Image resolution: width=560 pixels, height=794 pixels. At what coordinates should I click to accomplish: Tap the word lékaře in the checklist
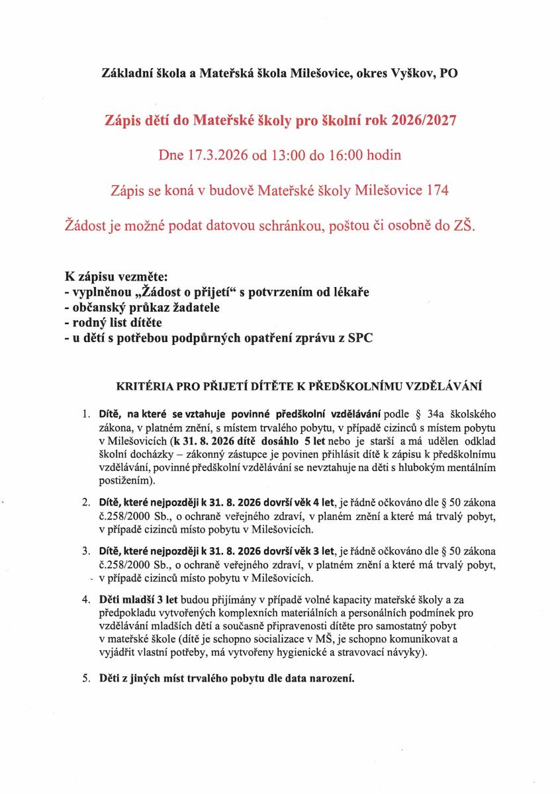pyautogui.click(x=348, y=292)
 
